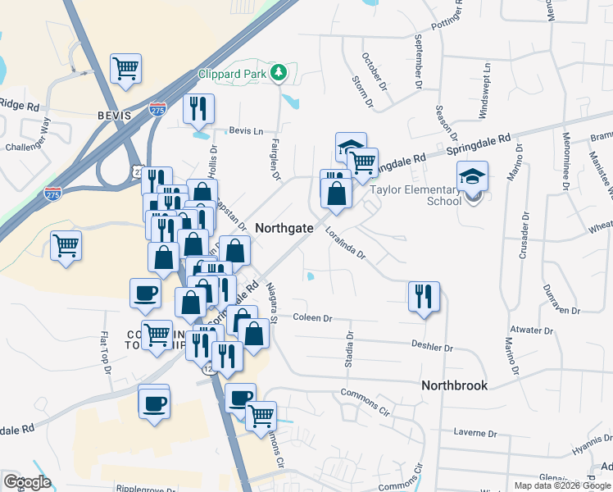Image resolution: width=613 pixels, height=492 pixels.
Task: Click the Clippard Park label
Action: (x=234, y=73)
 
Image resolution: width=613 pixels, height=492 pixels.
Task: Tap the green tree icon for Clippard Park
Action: (x=279, y=73)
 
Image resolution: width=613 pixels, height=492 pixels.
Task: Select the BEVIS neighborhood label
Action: (x=114, y=116)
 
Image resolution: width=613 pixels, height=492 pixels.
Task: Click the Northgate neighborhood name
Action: (x=284, y=228)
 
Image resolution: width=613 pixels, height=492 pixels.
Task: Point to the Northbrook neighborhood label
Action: (x=454, y=385)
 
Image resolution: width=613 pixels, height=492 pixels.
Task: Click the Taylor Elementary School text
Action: (x=415, y=194)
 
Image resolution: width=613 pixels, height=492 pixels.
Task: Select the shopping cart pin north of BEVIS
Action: (x=125, y=68)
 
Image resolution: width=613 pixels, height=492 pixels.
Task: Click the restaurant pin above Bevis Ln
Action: (x=198, y=108)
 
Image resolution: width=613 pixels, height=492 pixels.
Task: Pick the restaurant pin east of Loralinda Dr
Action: (x=424, y=296)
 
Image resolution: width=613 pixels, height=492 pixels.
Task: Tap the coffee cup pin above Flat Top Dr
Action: (x=146, y=293)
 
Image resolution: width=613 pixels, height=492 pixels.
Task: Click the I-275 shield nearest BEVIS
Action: (x=157, y=109)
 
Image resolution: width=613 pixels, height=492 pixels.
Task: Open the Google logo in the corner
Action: (x=27, y=482)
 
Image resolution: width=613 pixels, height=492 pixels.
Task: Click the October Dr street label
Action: (x=373, y=72)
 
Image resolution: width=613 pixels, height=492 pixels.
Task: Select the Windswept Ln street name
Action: (x=484, y=89)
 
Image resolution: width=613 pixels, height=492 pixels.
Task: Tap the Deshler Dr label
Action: (x=432, y=348)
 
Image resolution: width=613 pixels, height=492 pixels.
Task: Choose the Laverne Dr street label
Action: (x=475, y=432)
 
